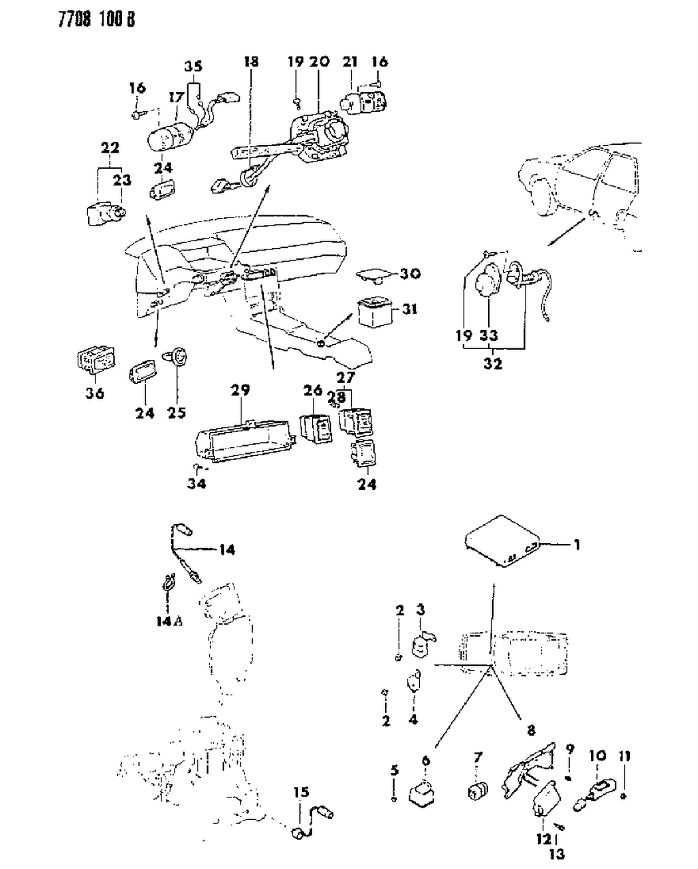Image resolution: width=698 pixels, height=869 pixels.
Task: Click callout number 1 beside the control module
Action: point(577,545)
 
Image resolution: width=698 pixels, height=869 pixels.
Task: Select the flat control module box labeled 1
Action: point(502,545)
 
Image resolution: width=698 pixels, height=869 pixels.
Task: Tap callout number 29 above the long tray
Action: point(240,391)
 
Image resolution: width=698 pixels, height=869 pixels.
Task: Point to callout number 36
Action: point(95,393)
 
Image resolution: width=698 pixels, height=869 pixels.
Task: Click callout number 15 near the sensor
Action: point(301,792)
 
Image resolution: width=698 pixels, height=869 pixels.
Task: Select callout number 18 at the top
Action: point(251,62)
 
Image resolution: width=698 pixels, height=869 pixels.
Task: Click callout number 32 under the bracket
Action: point(493,363)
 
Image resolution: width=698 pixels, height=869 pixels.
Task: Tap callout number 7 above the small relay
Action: point(478,757)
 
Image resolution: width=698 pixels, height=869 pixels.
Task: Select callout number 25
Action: point(177,412)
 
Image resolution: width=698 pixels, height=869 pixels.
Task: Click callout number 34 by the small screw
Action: point(197,483)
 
